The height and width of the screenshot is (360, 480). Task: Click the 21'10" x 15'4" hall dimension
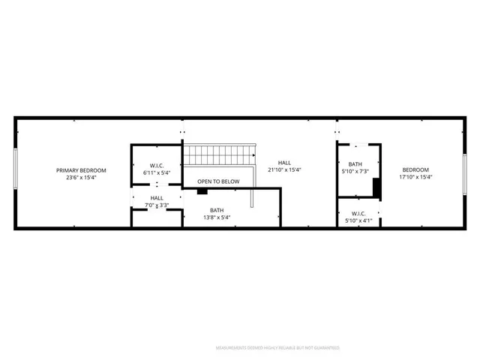click(x=285, y=170)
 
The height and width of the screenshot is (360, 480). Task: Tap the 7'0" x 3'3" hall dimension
click(x=157, y=205)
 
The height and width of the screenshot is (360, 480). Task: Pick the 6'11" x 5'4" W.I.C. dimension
click(x=157, y=173)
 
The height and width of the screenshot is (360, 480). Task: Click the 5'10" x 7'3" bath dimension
click(x=355, y=171)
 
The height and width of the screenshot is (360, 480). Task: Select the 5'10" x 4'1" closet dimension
click(x=358, y=220)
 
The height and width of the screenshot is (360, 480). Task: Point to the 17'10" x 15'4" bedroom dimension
click(x=415, y=178)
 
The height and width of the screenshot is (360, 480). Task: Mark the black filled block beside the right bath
click(x=377, y=189)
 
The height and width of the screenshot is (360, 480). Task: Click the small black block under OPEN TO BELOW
click(x=202, y=190)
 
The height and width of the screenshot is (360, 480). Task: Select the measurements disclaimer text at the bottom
click(x=277, y=348)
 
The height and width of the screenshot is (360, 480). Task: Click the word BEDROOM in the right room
click(x=415, y=170)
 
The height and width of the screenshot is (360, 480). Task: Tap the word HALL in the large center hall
click(x=285, y=163)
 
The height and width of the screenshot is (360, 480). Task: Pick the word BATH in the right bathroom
click(x=355, y=163)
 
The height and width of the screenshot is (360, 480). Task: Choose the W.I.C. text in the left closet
click(x=157, y=166)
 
